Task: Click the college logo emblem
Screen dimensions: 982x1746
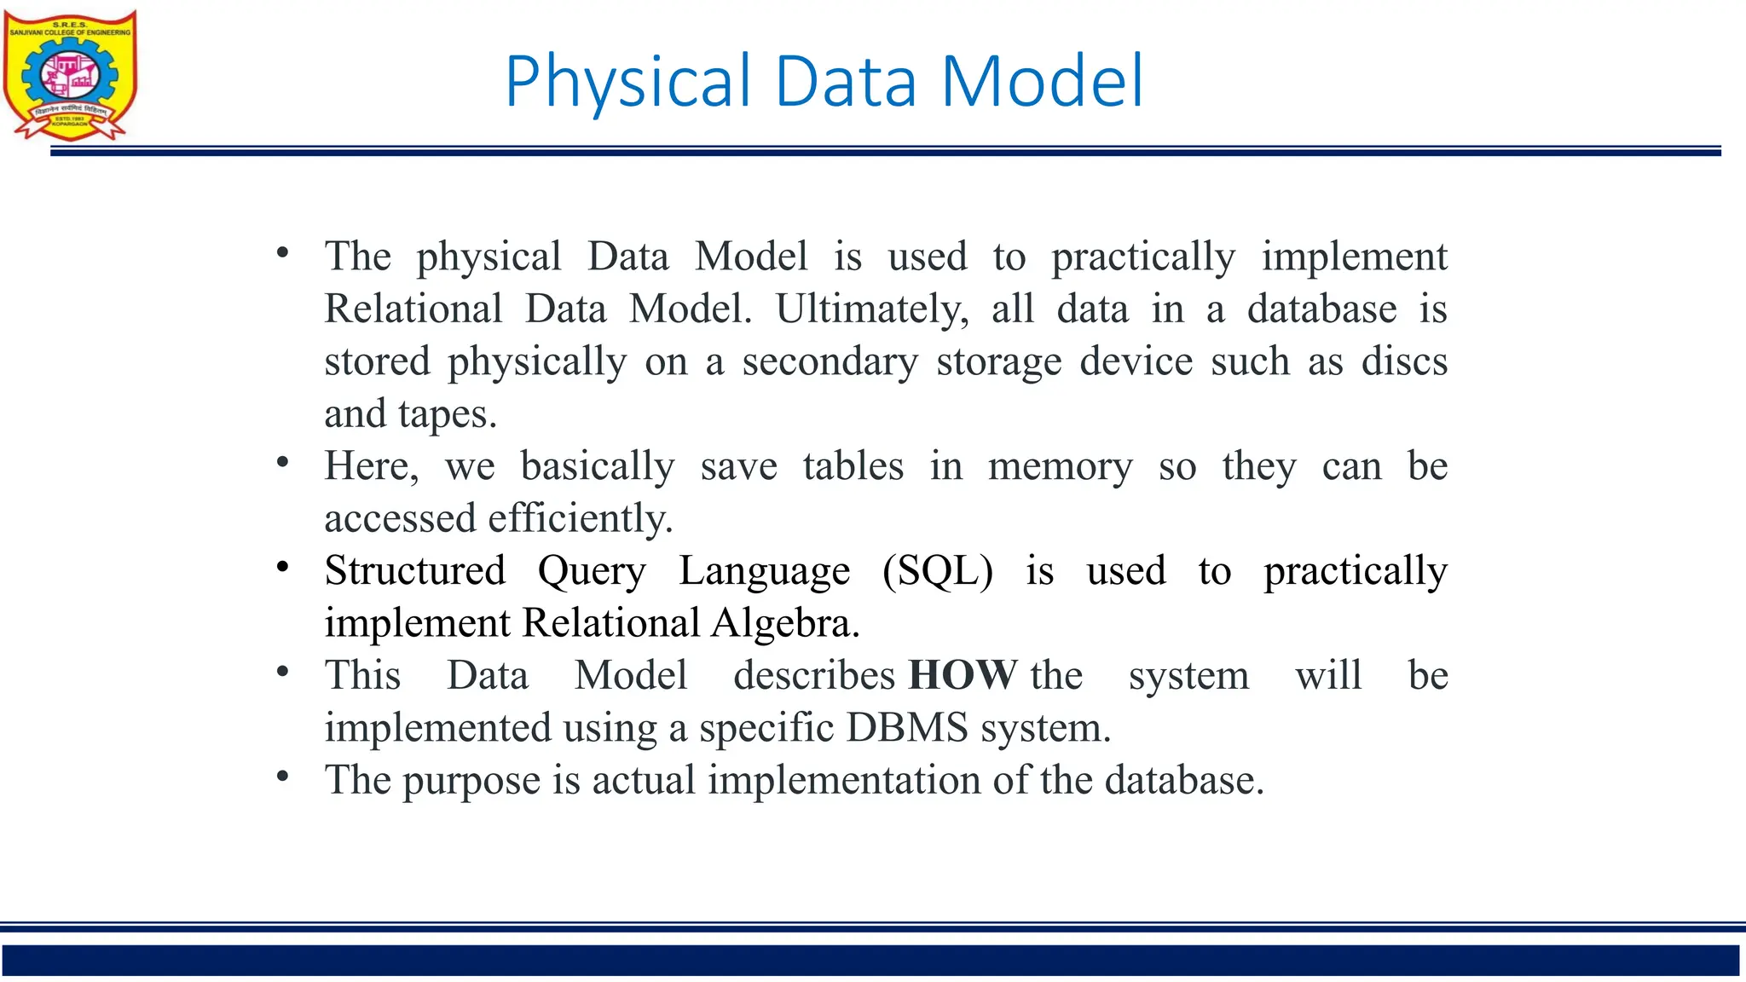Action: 70,75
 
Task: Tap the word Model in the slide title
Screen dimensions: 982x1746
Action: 1041,82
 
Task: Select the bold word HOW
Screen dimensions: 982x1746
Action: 963,675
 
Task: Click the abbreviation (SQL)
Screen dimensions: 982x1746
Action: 938,570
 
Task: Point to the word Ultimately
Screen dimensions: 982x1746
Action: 872,309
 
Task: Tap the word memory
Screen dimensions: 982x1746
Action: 1060,466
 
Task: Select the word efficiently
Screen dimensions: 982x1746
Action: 580,518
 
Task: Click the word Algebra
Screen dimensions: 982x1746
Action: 785,623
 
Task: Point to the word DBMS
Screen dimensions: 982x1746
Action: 907,728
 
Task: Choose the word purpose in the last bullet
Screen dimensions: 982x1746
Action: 471,781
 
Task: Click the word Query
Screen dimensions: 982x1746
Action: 592,571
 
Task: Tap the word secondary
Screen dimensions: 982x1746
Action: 830,361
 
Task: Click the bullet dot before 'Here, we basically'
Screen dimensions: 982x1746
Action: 283,463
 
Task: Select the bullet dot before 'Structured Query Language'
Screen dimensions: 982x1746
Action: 283,568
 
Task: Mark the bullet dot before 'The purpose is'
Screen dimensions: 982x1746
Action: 283,777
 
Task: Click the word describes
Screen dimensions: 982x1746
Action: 814,675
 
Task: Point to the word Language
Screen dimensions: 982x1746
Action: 764,571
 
